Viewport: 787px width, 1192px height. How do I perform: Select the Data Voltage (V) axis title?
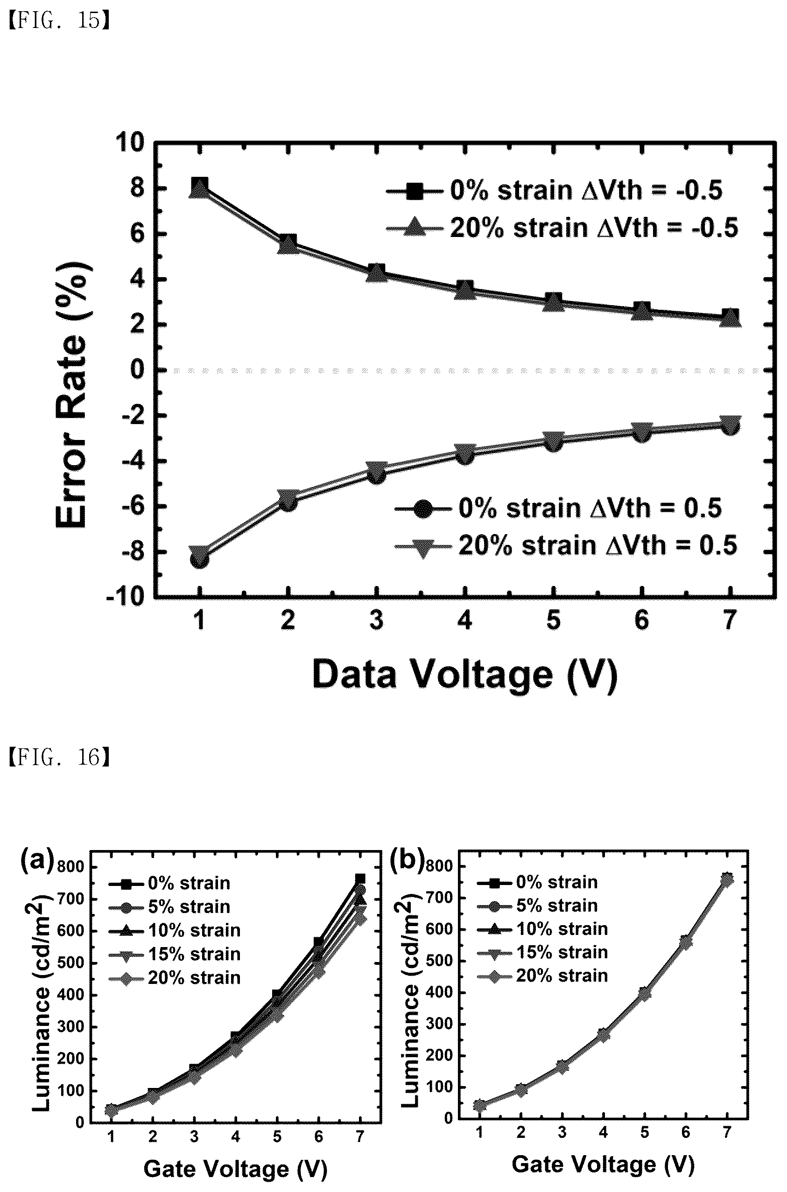point(464,675)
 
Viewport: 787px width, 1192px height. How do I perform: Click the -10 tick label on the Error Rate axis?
point(126,597)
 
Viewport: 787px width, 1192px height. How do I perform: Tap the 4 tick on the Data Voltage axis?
point(465,620)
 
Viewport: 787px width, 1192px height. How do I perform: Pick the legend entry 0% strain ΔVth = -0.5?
point(555,191)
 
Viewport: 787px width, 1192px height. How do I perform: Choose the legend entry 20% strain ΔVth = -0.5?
point(562,228)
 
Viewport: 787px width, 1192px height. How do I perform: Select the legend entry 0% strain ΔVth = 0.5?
point(559,508)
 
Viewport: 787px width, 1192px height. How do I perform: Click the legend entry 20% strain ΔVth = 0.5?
point(566,545)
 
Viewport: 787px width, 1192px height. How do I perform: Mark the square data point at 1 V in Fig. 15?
point(200,185)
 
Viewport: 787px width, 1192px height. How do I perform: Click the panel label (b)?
point(407,859)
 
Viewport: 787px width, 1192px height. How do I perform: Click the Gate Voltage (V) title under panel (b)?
point(603,1164)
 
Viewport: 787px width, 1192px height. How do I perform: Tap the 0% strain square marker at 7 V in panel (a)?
point(360,879)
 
